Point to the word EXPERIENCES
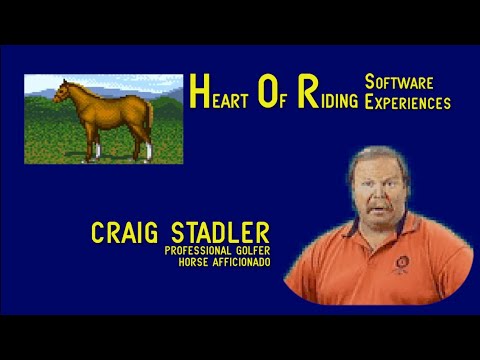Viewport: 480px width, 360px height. point(408,102)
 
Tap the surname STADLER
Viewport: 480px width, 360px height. point(216,233)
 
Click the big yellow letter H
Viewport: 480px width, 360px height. point(198,95)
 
